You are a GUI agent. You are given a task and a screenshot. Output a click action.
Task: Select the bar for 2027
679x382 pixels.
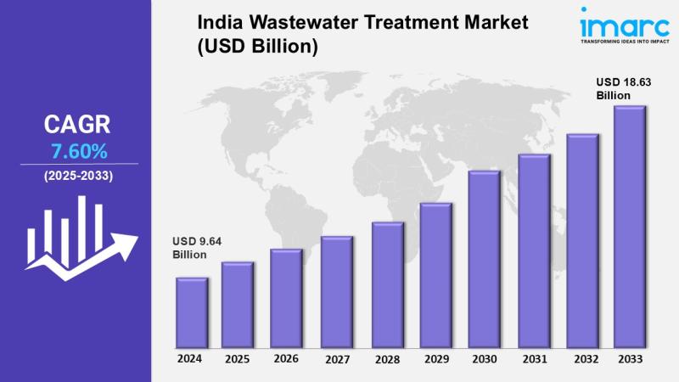[337, 292]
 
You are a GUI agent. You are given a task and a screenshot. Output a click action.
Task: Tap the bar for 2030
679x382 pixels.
[484, 259]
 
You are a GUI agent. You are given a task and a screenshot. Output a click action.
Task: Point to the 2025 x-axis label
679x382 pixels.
[238, 359]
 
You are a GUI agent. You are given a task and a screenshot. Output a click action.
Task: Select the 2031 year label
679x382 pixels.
[534, 359]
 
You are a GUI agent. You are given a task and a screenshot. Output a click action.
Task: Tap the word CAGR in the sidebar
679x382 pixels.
[77, 126]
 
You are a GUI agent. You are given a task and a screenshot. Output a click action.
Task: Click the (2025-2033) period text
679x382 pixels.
[77, 176]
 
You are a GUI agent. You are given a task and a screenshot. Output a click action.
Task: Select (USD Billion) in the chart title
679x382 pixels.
[258, 48]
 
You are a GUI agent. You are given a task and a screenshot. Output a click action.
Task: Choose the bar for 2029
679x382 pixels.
[435, 276]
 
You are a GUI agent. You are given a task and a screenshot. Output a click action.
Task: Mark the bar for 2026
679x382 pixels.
[287, 299]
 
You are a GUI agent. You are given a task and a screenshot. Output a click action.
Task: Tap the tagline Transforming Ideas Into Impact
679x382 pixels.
[625, 40]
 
